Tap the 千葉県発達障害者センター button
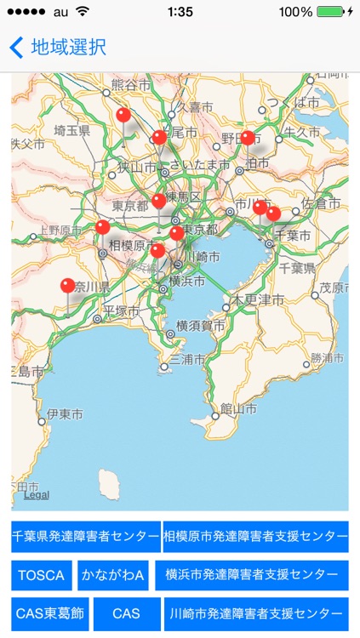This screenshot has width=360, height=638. [x=85, y=538]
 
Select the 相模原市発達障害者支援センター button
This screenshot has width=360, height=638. [x=255, y=538]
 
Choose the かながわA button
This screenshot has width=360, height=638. [x=113, y=576]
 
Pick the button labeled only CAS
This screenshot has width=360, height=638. [x=126, y=613]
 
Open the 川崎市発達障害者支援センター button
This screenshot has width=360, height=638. [x=255, y=613]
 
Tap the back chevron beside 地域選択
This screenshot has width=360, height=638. [x=16, y=48]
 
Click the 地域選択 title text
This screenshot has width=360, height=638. [x=68, y=48]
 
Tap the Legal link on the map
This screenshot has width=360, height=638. [x=36, y=495]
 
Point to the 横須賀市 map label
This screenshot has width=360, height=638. [x=201, y=325]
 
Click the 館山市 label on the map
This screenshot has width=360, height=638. [x=238, y=409]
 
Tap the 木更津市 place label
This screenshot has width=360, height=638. [x=260, y=299]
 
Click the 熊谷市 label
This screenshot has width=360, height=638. [x=129, y=86]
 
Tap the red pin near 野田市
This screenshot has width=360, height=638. [x=248, y=138]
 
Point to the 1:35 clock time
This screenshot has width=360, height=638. [x=180, y=12]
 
